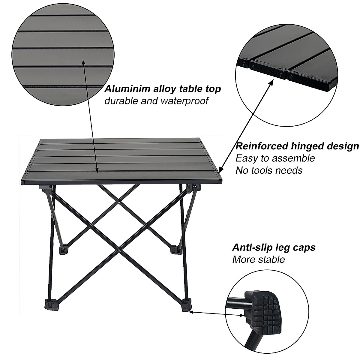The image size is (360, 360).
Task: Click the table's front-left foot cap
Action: [x=50, y=304]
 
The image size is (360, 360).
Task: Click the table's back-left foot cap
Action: [x=63, y=250]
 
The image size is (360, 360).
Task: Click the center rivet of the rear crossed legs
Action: [x=119, y=203]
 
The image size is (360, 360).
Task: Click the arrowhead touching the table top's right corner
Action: [x=220, y=170]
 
